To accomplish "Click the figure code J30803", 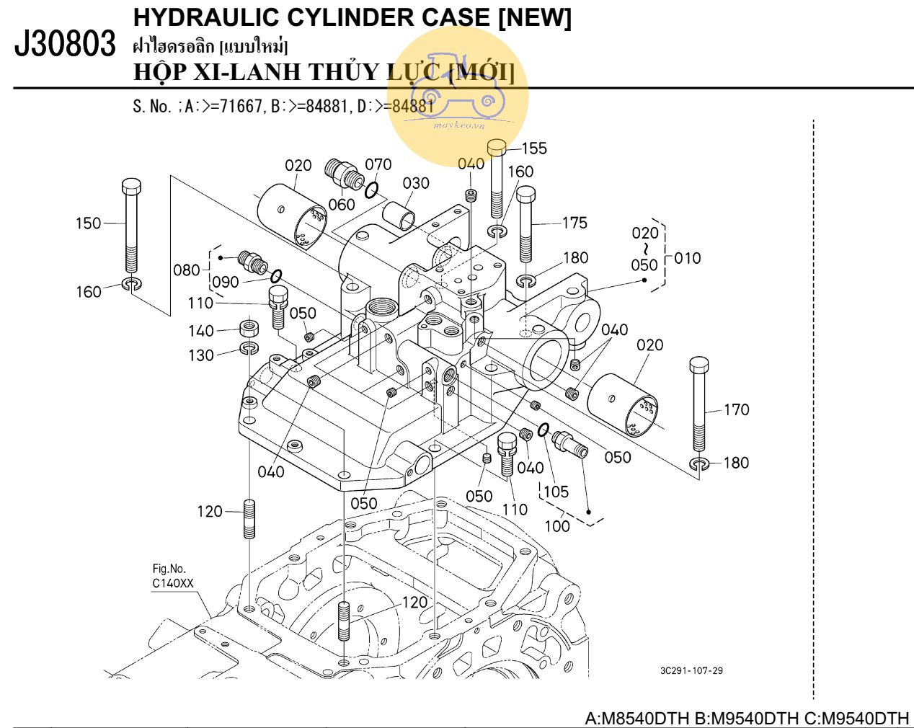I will coord(65,45).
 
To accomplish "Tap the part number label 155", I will coord(534,148).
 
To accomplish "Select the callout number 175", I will coord(574,223).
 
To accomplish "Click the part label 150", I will coord(89,223).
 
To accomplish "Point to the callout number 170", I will coord(736,409).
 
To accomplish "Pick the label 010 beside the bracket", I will coord(687,258).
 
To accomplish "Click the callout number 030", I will coord(416,183).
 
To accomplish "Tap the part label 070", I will coord(378,164).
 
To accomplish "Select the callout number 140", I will coord(201,331).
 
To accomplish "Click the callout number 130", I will coord(201,355).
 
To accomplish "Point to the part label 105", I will coord(556,492).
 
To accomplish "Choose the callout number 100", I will coord(556,525).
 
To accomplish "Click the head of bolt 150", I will coord(131,186).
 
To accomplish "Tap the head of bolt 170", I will coord(699,364).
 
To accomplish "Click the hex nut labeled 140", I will coord(249,329).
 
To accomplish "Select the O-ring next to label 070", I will coord(371,190).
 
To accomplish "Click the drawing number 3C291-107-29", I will coord(691,671).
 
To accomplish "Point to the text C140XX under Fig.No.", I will coord(172,584).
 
